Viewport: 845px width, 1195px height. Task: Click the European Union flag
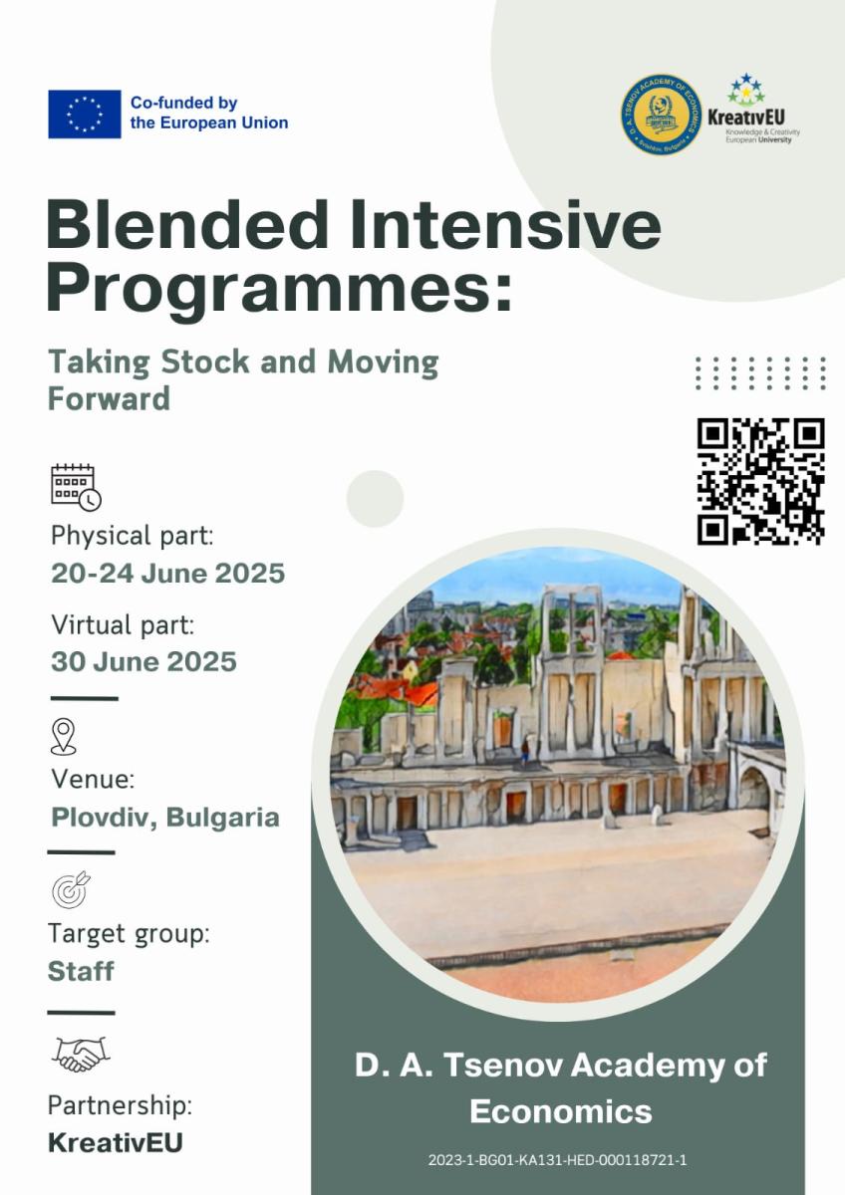click(x=85, y=114)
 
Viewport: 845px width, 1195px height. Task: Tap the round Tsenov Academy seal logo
click(x=661, y=114)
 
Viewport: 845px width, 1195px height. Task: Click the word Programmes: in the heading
click(x=279, y=288)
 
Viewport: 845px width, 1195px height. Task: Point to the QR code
click(x=760, y=481)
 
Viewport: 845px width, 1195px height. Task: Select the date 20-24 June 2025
click(x=167, y=574)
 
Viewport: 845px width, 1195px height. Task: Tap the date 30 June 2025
click(x=143, y=661)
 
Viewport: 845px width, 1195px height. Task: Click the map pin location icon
click(x=63, y=737)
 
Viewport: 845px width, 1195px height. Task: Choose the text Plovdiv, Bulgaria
click(x=164, y=818)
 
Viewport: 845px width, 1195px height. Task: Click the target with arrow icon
click(x=70, y=888)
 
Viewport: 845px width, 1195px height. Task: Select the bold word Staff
click(x=81, y=971)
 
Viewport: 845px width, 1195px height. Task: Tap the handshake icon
click(x=80, y=1054)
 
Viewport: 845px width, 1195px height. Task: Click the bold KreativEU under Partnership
click(x=115, y=1142)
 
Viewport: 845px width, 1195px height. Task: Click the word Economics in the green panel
click(x=560, y=1110)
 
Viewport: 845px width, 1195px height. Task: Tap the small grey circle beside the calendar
click(x=375, y=498)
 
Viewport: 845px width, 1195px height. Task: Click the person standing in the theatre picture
click(x=524, y=752)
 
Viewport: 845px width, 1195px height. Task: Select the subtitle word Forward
click(x=109, y=398)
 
